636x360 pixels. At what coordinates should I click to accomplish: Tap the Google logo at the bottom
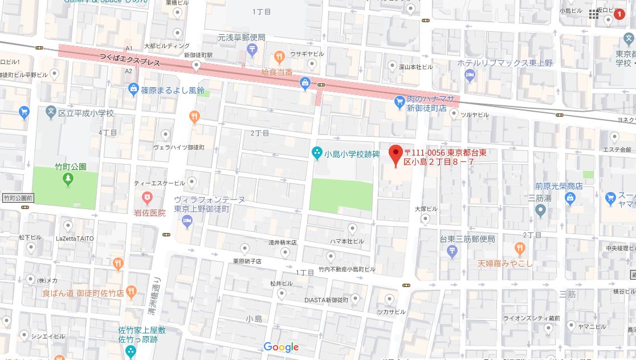point(281,347)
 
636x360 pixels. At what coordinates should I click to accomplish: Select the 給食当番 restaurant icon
point(279,56)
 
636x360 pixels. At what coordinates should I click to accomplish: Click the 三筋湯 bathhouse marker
point(541,211)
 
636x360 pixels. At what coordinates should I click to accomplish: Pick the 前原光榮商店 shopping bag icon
point(569,198)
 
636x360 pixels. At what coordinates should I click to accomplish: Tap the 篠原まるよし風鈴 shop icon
point(133,88)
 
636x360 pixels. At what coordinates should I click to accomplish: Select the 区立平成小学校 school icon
point(51,112)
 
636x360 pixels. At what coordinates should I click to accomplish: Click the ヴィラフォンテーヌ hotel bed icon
point(187,222)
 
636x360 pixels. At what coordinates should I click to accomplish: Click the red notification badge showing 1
point(619,14)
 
